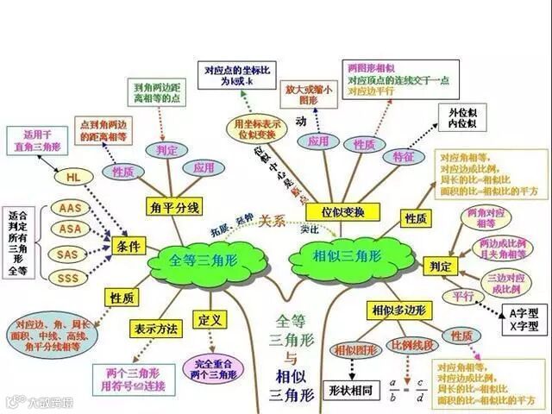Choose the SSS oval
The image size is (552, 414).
pos(67,278)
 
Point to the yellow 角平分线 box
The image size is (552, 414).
pos(174,207)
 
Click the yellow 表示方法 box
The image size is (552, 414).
pos(155,329)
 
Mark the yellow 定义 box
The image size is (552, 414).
pos(210,320)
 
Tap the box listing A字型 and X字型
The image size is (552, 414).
pos(523,320)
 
